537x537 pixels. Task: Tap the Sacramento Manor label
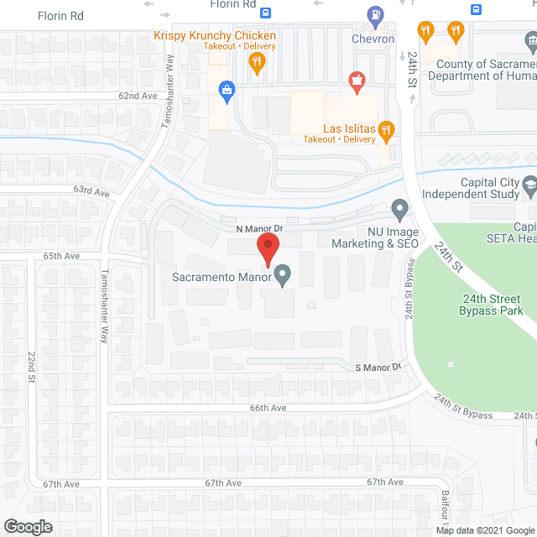[x=222, y=277]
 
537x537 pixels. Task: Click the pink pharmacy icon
[x=356, y=81]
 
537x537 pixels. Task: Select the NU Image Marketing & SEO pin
[x=399, y=207]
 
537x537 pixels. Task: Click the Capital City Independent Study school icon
[x=529, y=184]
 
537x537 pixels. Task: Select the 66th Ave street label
[x=268, y=408]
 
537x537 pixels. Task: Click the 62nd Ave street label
[x=138, y=96]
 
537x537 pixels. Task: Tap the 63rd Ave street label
[x=91, y=193]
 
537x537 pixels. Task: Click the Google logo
[x=27, y=526]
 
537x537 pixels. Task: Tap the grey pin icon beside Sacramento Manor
[x=283, y=275]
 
